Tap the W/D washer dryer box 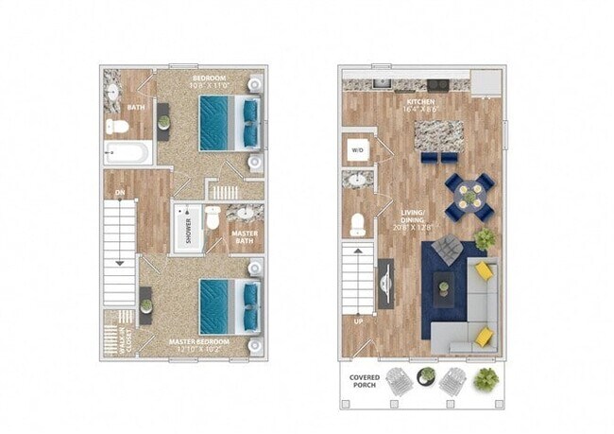(x=358, y=149)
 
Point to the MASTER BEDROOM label (x=199, y=343)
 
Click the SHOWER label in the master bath (x=187, y=230)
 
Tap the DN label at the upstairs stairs (x=120, y=193)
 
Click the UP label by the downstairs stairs (x=358, y=321)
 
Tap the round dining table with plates (x=469, y=197)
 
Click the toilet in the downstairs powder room (x=357, y=224)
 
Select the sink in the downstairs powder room (x=358, y=180)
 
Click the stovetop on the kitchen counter (x=436, y=84)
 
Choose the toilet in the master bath (x=213, y=219)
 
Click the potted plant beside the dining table (x=485, y=239)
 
